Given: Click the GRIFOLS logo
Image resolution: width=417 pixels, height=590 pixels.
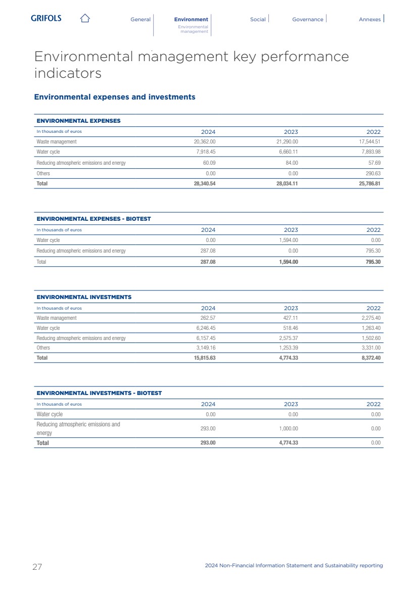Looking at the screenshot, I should click(x=46, y=18).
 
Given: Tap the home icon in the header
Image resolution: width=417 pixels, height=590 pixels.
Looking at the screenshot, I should click(x=85, y=19).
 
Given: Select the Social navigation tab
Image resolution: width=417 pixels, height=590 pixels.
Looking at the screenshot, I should click(x=258, y=19).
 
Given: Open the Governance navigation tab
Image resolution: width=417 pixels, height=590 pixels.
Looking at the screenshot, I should click(x=307, y=19).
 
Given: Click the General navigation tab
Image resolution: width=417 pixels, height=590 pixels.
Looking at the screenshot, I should click(x=141, y=19).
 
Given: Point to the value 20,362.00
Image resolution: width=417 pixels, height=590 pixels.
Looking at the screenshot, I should click(x=205, y=142).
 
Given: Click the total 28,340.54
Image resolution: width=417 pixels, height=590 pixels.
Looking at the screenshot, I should click(x=204, y=184).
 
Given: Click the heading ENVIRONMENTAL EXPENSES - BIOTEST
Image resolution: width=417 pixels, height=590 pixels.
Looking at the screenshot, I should click(x=94, y=219).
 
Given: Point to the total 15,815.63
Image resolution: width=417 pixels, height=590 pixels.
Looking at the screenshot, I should click(x=204, y=358).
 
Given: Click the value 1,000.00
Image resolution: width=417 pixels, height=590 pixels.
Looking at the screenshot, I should click(x=289, y=428).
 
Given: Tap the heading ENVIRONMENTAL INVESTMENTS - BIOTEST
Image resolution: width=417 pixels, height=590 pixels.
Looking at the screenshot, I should click(x=99, y=393).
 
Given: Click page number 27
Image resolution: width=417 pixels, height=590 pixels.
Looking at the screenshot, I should click(x=37, y=567).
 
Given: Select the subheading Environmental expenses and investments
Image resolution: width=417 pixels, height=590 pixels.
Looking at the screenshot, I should click(x=114, y=97).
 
